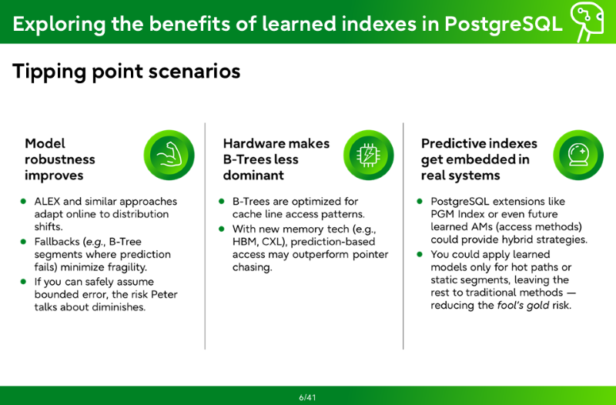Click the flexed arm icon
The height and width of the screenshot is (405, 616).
click(x=169, y=155)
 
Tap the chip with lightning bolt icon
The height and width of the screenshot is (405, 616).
click(x=368, y=155)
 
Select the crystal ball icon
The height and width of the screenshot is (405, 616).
click(x=578, y=155)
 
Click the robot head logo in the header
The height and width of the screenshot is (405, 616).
click(x=587, y=21)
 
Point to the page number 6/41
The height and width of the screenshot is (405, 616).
click(x=307, y=397)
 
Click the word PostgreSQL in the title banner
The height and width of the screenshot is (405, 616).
click(x=504, y=24)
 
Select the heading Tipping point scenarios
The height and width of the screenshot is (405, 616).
click(x=126, y=72)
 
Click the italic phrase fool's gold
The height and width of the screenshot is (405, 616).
click(x=524, y=305)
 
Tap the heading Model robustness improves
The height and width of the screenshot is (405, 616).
click(x=60, y=159)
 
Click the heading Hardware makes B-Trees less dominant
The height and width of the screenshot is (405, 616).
click(x=276, y=159)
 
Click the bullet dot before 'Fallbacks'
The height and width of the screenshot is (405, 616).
click(x=24, y=242)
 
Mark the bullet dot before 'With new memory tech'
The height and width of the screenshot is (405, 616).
click(x=222, y=229)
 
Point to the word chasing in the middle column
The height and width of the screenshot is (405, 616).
click(x=253, y=267)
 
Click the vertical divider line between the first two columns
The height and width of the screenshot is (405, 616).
click(x=205, y=236)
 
